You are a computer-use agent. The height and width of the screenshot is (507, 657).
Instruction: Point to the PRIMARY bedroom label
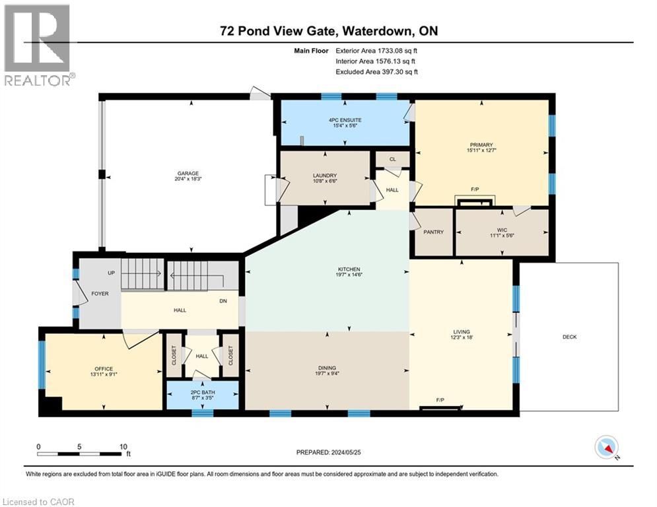click(x=481, y=145)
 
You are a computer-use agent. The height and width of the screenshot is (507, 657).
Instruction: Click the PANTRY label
click(x=433, y=232)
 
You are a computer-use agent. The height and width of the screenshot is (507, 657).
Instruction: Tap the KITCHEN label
click(x=349, y=269)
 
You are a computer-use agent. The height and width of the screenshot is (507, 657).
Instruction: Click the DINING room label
click(x=327, y=368)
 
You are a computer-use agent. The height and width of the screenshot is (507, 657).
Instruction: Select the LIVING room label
click(x=462, y=332)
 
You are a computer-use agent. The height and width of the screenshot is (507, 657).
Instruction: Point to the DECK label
click(x=569, y=337)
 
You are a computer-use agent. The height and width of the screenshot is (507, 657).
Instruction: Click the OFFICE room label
click(x=103, y=369)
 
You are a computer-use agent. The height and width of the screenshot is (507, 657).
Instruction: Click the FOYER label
click(x=100, y=293)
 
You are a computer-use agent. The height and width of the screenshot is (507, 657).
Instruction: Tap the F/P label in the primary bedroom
click(x=474, y=189)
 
